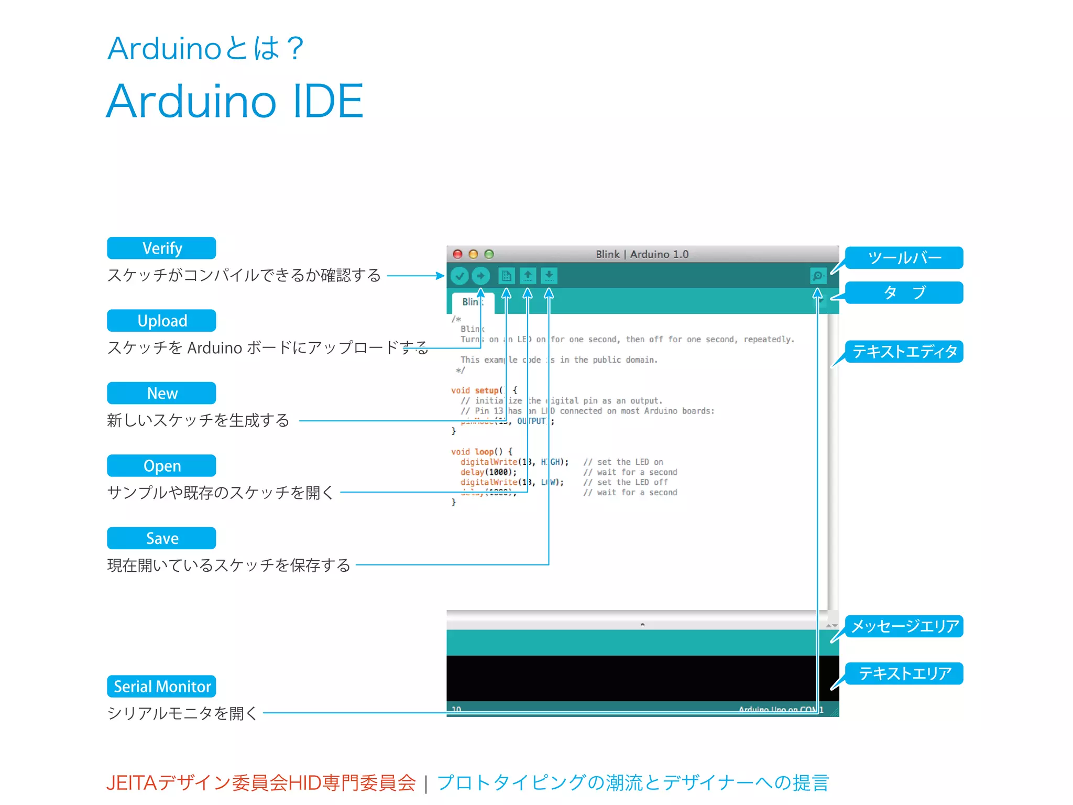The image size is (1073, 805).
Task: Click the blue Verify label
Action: [x=161, y=248]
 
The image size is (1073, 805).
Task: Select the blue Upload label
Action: [x=161, y=320]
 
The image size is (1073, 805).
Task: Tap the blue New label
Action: [x=161, y=393]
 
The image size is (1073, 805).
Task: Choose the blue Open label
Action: [x=161, y=465]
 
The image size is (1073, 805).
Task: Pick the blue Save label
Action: [x=161, y=538]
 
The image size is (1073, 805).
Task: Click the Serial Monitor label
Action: [x=161, y=686]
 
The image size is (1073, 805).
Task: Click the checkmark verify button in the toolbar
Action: [x=459, y=276]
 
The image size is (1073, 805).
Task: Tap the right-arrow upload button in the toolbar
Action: [x=480, y=276]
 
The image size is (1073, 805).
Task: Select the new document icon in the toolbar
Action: [x=506, y=276]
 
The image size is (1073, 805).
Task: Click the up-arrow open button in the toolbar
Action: [x=528, y=276]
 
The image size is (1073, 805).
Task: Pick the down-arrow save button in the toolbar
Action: [x=549, y=276]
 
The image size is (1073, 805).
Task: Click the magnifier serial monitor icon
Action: [x=817, y=276]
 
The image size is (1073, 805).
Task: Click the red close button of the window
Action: [x=457, y=254]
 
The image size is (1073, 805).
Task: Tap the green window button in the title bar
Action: [x=489, y=254]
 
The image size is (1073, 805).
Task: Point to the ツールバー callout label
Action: [x=904, y=258]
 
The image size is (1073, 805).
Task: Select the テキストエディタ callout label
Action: [x=904, y=351]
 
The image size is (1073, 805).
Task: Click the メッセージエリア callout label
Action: [x=904, y=626]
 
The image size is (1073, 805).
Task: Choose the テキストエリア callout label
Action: [x=904, y=673]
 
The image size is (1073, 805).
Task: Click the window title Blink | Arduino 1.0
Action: [x=642, y=254]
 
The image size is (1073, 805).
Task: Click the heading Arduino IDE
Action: [x=235, y=101]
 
